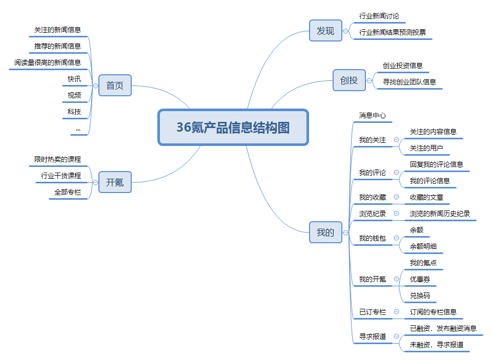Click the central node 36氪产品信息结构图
pos(233,128)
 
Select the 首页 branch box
pos(115,86)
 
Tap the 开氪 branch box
pos(115,182)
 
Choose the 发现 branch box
pos(325,31)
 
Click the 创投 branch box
pos(349,80)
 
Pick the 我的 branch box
pos(325,232)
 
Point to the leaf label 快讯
pos(74,79)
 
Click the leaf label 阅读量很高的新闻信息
pos(48,62)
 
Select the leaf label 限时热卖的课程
pos(58,159)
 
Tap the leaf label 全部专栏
pos(68,192)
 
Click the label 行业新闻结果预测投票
pos(393,32)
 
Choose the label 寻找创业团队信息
pos(409,82)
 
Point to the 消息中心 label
pos(373,115)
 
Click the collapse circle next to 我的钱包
pos(396,238)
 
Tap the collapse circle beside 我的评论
pos(396,173)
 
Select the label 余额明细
pos(423,246)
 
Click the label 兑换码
pos(420,295)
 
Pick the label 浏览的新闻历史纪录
pos(440,214)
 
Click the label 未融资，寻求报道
pos(437,345)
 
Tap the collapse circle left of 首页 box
pos(96,86)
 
